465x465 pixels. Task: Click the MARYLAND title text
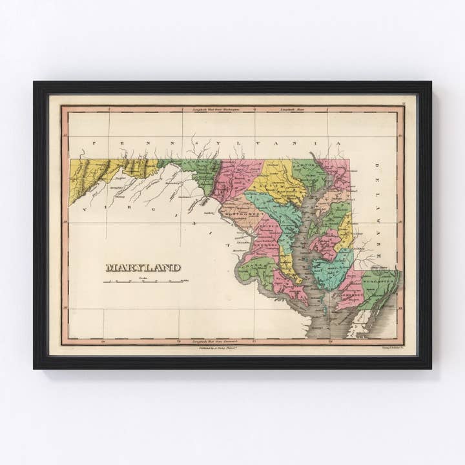point(143,267)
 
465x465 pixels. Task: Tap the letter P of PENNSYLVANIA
point(93,144)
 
